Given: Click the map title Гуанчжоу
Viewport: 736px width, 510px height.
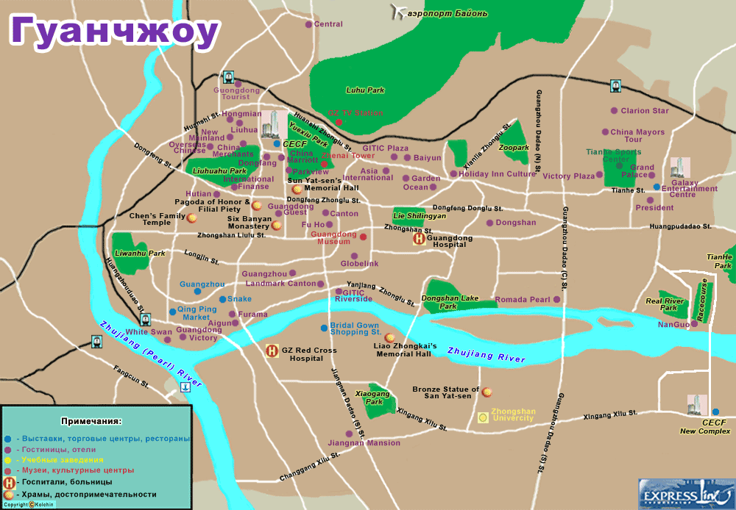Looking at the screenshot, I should pyautogui.click(x=114, y=31).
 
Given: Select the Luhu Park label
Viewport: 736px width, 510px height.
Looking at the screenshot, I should pyautogui.click(x=366, y=90).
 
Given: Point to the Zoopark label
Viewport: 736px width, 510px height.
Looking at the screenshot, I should pyautogui.click(x=514, y=148).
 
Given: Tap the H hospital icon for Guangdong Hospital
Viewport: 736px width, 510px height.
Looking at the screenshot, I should pyautogui.click(x=418, y=238).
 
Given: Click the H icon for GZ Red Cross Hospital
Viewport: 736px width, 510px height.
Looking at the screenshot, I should pyautogui.click(x=272, y=351).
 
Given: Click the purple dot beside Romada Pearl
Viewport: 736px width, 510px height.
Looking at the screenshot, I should pyautogui.click(x=556, y=300).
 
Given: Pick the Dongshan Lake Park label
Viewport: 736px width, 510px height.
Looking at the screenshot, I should pyautogui.click(x=450, y=302).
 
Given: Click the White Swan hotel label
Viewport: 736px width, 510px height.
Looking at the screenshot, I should pyautogui.click(x=149, y=332).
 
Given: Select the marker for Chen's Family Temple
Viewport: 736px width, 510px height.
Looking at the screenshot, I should pyautogui.click(x=192, y=218).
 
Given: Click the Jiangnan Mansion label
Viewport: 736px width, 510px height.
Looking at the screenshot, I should pyautogui.click(x=365, y=443).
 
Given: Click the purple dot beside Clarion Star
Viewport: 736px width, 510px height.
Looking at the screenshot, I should pyautogui.click(x=614, y=111).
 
